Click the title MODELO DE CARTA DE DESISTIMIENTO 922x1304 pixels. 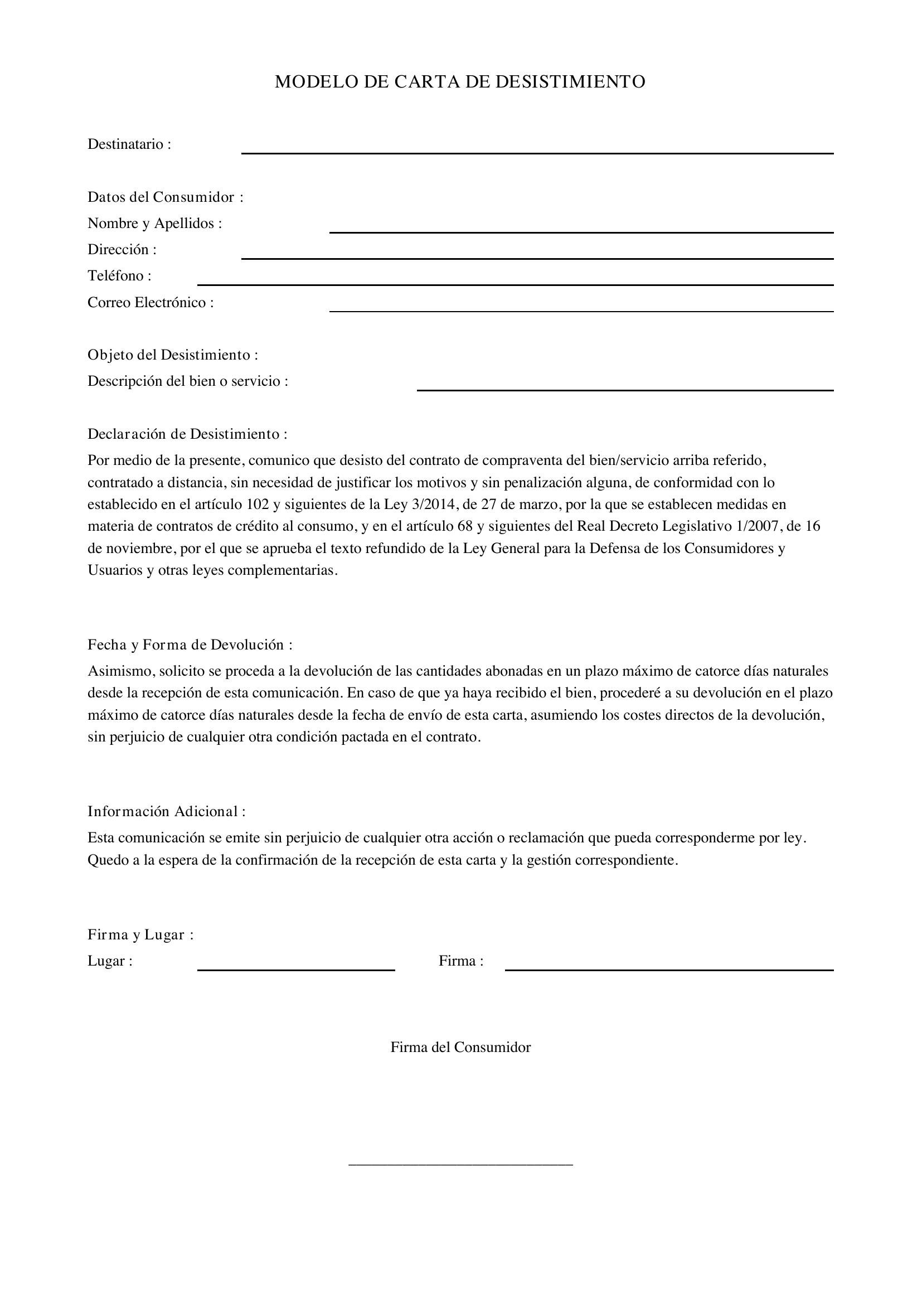(x=460, y=82)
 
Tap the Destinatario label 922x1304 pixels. (x=129, y=144)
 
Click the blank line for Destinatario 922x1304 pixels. (x=537, y=152)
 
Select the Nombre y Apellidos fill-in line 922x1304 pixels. (x=581, y=231)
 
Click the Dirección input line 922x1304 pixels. (x=537, y=258)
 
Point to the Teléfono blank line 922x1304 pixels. (x=515, y=284)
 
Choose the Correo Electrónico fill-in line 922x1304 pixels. (x=581, y=311)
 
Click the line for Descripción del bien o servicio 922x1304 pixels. (x=624, y=390)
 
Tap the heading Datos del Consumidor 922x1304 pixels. (x=165, y=197)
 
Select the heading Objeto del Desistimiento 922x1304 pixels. (x=173, y=355)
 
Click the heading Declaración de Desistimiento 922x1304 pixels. (x=187, y=434)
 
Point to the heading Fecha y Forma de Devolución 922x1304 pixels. (x=190, y=644)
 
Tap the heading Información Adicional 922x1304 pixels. (x=166, y=811)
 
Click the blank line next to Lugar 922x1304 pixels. (x=296, y=969)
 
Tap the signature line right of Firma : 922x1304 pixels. (x=669, y=969)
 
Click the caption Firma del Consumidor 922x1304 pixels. (x=460, y=1048)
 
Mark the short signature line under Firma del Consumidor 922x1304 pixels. (x=460, y=1165)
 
